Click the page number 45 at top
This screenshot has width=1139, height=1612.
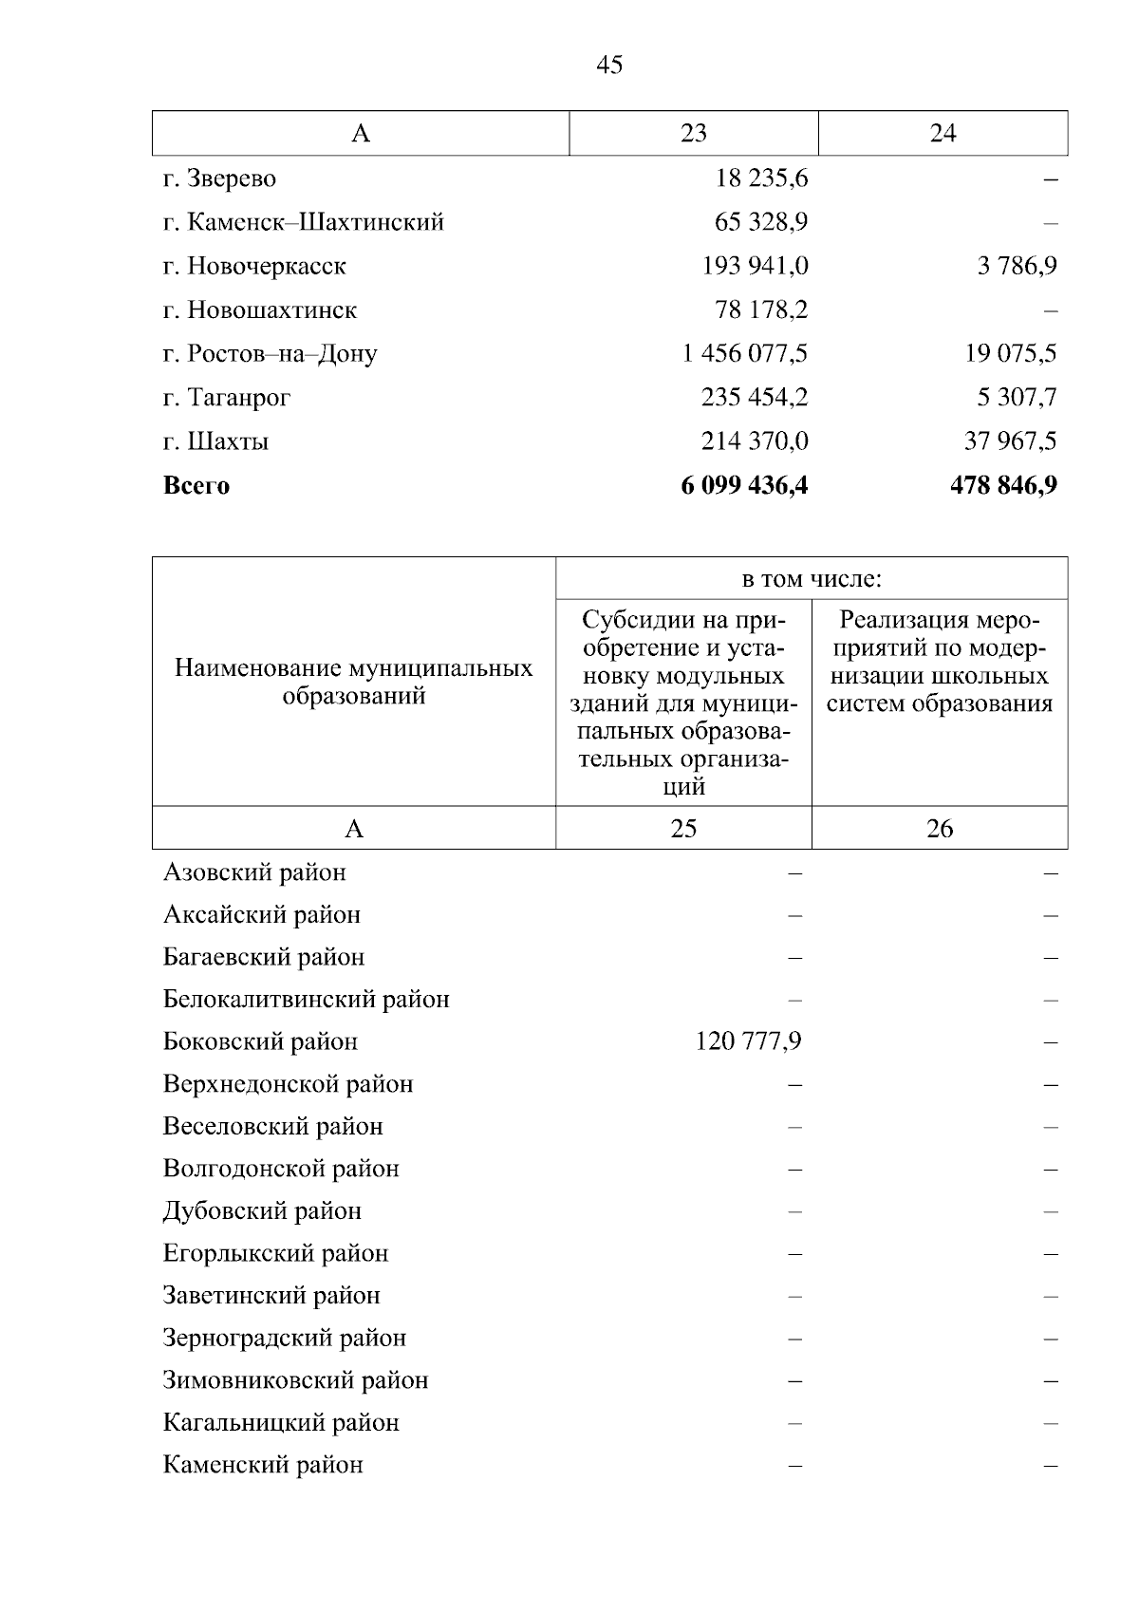[x=610, y=65]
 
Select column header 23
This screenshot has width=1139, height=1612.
[x=694, y=133]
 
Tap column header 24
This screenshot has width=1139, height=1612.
[x=943, y=133]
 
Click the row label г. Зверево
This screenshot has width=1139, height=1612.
[x=219, y=178]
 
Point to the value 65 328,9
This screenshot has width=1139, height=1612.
[x=760, y=222]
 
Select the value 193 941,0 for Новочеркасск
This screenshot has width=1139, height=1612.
[x=755, y=266]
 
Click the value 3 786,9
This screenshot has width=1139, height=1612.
[x=1017, y=266]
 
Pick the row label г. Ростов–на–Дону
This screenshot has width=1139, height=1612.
[x=270, y=354]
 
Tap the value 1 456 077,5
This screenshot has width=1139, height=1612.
[x=745, y=354]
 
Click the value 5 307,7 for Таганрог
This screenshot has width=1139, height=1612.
[x=1017, y=398]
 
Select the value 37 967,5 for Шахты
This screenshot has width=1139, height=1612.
[x=1011, y=441]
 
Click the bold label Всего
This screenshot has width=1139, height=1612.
[x=196, y=486]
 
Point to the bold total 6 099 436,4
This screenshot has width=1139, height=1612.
[x=744, y=486]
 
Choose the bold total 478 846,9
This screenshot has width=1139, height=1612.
[x=1003, y=486]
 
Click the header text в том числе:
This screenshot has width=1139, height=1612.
[x=812, y=579]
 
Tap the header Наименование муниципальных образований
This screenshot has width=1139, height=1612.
[x=354, y=682]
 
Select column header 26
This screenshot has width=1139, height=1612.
[x=940, y=829]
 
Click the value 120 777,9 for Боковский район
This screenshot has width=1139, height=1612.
[x=748, y=1042]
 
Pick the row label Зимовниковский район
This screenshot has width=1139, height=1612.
[x=295, y=1380]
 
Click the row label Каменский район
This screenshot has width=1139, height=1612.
[x=263, y=1465]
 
